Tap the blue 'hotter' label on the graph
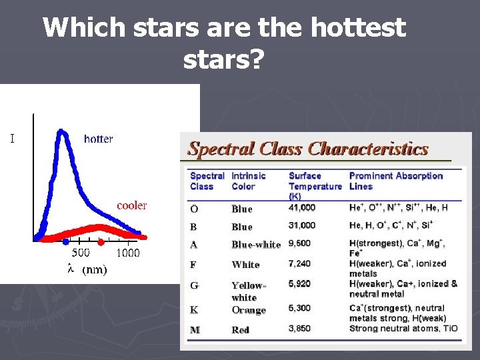pyautogui.click(x=98, y=139)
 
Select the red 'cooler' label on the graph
pyautogui.click(x=131, y=205)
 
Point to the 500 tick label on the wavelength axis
pyautogui.click(x=81, y=253)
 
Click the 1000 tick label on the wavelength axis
pyautogui.click(x=128, y=253)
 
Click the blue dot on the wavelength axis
pyautogui.click(x=65, y=241)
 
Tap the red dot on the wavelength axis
pyautogui.click(x=101, y=241)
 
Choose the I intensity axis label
pyautogui.click(x=12, y=139)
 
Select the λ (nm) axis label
pyautogui.click(x=87, y=270)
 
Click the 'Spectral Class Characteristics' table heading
pyautogui.click(x=307, y=149)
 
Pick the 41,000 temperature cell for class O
pyautogui.click(x=302, y=208)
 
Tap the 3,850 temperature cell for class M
pyautogui.click(x=299, y=329)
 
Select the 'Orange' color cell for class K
pyautogui.click(x=249, y=310)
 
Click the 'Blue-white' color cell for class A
pyautogui.click(x=256, y=245)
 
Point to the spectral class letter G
pyautogui.click(x=194, y=286)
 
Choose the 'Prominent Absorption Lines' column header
pyautogui.click(x=395, y=181)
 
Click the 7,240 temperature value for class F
pyautogui.click(x=299, y=264)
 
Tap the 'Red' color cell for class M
pyautogui.click(x=240, y=330)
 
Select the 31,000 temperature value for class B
pyautogui.click(x=302, y=225)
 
